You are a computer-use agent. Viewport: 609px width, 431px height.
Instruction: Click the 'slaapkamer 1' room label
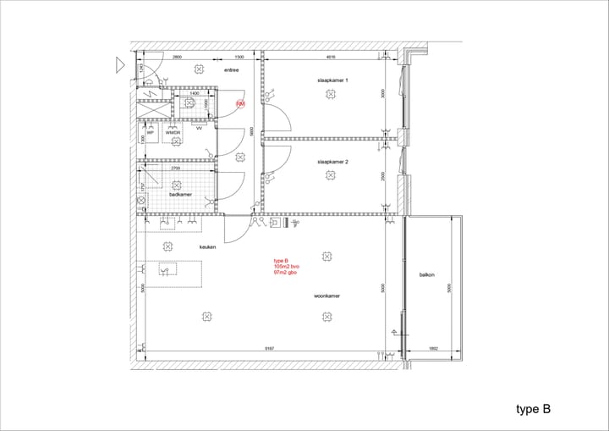pyautogui.click(x=332, y=80)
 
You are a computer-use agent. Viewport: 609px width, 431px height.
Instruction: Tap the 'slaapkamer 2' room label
pyautogui.click(x=332, y=161)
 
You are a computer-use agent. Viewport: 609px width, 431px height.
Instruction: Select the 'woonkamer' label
pyautogui.click(x=326, y=296)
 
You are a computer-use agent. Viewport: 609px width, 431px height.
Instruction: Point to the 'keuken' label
pyautogui.click(x=207, y=246)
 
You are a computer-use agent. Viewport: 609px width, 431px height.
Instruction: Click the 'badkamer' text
pyautogui.click(x=180, y=195)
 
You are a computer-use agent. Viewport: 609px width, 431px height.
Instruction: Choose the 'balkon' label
pyautogui.click(x=426, y=275)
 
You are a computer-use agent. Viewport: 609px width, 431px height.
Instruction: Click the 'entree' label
pyautogui.click(x=232, y=70)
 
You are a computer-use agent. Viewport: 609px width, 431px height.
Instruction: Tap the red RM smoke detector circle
pyautogui.click(x=240, y=104)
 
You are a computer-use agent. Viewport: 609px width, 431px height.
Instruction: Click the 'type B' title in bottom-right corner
pyautogui.click(x=533, y=409)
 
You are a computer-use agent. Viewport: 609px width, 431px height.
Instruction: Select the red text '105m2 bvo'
pyautogui.click(x=286, y=267)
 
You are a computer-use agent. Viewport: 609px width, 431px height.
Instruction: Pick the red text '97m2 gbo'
pyautogui.click(x=284, y=274)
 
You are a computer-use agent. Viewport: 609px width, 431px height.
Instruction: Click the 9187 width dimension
pyautogui.click(x=267, y=350)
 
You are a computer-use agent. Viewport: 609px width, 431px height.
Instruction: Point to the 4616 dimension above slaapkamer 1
pyautogui.click(x=331, y=58)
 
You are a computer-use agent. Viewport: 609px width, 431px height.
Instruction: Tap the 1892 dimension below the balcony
pyautogui.click(x=434, y=350)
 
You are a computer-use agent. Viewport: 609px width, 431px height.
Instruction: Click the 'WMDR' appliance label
pyautogui.click(x=173, y=133)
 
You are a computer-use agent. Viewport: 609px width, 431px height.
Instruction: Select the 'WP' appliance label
pyautogui.click(x=151, y=133)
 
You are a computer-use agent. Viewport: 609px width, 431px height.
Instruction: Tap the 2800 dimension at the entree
pyautogui.click(x=177, y=58)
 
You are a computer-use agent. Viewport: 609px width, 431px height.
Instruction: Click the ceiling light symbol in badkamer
pyautogui.click(x=176, y=184)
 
